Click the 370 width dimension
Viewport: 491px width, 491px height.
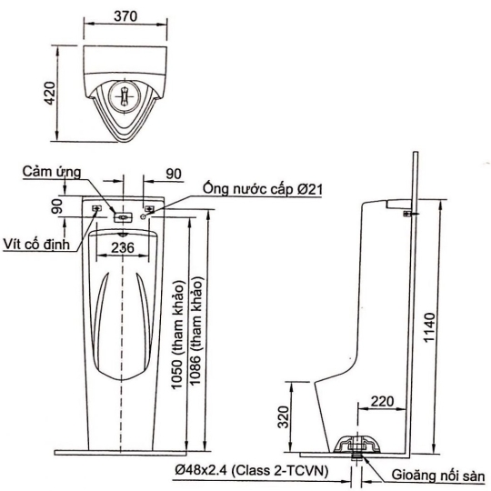[x=125, y=16]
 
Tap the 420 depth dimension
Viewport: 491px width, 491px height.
[x=50, y=94]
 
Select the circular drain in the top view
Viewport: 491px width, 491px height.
[x=125, y=95]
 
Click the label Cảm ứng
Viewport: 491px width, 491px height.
[x=52, y=172]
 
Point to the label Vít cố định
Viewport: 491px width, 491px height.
[x=36, y=244]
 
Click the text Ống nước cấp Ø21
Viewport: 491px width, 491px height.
[x=263, y=189]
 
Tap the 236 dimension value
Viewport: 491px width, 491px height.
[x=123, y=247]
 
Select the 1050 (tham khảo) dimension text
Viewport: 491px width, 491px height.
[x=177, y=335]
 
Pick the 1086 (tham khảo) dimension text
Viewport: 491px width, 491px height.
[x=195, y=331]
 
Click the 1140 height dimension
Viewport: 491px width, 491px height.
[x=429, y=327]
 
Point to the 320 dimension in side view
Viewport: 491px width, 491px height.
[x=284, y=417]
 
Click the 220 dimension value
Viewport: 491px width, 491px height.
[x=382, y=401]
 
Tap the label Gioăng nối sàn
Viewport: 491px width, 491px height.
[x=438, y=475]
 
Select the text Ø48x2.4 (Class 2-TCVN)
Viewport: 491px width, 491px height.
[x=252, y=470]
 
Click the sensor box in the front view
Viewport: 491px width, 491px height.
[x=123, y=217]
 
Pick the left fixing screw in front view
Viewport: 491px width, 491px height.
[x=96, y=208]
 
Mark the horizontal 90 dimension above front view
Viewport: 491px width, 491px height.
[x=174, y=174]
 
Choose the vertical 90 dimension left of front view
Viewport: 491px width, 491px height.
[x=57, y=206]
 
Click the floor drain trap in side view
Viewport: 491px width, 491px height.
[x=357, y=444]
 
